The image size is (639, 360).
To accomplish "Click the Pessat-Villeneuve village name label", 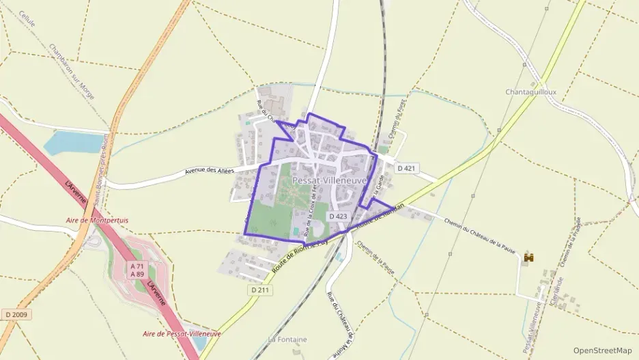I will [330, 180].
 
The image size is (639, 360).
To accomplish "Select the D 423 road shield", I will [338, 216].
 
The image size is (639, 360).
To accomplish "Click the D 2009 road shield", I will [14, 314].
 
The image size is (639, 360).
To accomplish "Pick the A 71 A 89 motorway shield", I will [137, 270].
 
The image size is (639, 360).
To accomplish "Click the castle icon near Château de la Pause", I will [528, 258].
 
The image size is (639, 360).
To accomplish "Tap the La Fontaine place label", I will [287, 340].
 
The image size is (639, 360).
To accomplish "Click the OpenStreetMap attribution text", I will [602, 350].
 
